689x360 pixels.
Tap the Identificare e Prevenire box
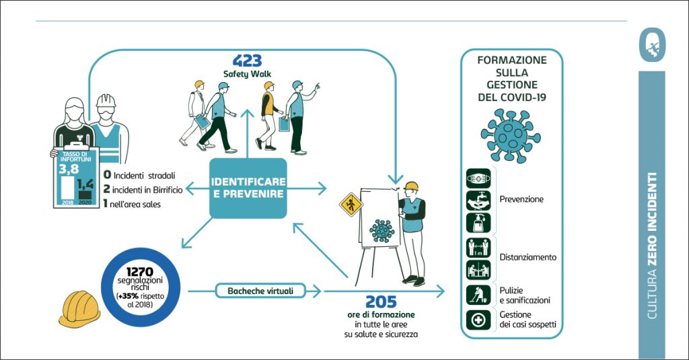(x=248, y=188)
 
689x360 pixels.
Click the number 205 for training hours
(x=381, y=302)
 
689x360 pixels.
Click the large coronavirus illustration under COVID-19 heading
(x=511, y=133)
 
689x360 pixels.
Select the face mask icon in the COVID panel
(x=478, y=179)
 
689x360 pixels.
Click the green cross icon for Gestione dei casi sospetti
(x=478, y=320)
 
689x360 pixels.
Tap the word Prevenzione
(x=521, y=199)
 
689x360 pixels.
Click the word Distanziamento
(x=528, y=257)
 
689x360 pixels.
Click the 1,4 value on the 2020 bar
(x=85, y=182)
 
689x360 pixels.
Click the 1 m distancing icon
(x=478, y=247)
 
